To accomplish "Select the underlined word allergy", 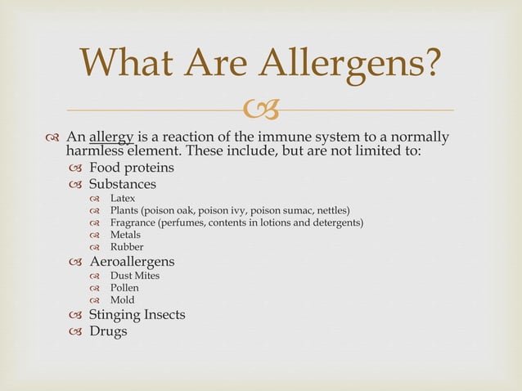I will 112,136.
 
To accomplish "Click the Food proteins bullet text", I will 131,168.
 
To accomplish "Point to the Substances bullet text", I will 122,184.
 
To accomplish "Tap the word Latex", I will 123,199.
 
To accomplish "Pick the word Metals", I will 125,235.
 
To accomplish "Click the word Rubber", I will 127,247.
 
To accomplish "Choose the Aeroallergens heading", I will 131,262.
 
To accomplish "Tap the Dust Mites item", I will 135,276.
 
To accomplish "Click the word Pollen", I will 124,288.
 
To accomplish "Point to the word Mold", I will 123,300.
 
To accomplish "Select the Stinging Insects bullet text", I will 137,315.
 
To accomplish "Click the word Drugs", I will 108,331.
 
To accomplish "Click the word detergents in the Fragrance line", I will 335,222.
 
